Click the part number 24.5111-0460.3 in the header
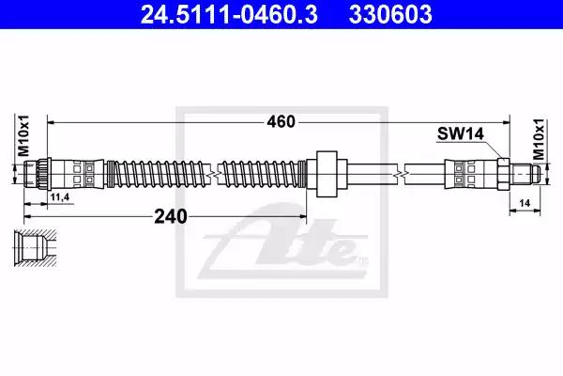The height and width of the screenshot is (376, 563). (x=229, y=14)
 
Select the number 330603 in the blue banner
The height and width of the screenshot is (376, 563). (x=390, y=14)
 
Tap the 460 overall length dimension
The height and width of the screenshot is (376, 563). (x=281, y=122)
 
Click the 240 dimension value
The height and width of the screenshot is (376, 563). (x=171, y=216)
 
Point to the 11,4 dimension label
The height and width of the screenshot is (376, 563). (x=60, y=197)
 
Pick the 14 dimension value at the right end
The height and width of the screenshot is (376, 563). (x=525, y=203)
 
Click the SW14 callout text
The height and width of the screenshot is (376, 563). (x=461, y=133)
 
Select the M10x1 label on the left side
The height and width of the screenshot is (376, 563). (x=23, y=135)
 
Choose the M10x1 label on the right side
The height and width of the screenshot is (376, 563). (x=539, y=140)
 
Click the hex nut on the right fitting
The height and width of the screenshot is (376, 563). (x=503, y=174)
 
